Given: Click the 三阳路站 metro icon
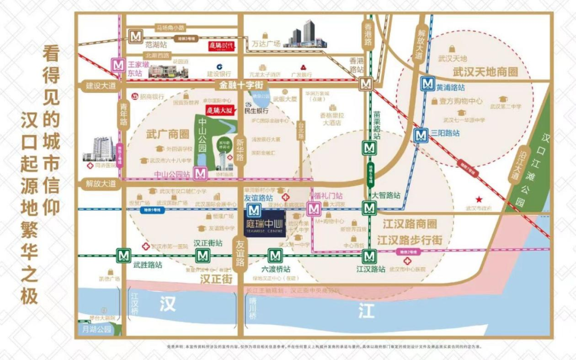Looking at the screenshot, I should (x=421, y=135).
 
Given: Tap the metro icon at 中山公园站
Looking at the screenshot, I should (x=201, y=173).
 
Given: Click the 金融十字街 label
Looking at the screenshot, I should (x=241, y=85).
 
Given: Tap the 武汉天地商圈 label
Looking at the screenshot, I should (x=478, y=70).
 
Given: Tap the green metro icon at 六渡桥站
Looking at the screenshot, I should (x=275, y=255).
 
